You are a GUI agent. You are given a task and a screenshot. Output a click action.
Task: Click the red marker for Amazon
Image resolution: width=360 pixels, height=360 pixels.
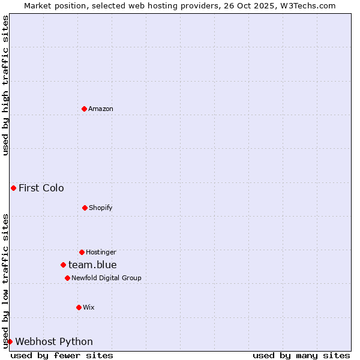pos(84,109)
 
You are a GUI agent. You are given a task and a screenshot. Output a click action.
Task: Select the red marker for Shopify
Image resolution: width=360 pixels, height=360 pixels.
pos(85,208)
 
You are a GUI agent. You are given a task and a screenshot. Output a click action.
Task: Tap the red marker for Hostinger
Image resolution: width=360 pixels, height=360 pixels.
pos(82,252)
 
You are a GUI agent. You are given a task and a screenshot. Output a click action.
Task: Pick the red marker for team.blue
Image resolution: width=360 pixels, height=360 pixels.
pos(63,265)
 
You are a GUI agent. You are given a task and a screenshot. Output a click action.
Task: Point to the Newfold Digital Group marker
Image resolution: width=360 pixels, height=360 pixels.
pos(67,278)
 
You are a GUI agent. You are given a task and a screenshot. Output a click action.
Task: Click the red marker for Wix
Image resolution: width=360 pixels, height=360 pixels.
pos(79,307)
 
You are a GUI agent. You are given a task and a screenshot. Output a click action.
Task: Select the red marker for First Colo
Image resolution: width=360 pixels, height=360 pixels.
pos(13,188)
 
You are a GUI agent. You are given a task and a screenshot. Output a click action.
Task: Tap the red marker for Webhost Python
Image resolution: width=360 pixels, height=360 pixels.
pos(10,341)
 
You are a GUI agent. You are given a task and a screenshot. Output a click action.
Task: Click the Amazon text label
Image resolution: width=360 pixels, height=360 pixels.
pos(101,109)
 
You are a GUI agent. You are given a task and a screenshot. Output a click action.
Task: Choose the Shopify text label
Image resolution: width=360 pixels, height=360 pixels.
pos(101,208)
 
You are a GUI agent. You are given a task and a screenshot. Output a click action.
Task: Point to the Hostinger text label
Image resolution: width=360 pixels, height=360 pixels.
pos(101,252)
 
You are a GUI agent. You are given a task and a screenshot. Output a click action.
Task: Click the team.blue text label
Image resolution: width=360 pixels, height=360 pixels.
pos(92,265)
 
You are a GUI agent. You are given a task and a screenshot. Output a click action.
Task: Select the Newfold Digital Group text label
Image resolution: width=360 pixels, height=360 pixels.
pos(106,278)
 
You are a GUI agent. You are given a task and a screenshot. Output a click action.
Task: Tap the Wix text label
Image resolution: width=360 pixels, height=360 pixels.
pos(89,307)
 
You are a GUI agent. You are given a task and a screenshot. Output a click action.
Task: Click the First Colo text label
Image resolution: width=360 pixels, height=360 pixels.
pos(41,188)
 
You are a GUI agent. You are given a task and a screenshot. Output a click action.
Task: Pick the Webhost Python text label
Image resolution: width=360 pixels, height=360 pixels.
pos(54,341)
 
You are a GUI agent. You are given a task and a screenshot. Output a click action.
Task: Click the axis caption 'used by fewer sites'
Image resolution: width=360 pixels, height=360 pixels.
pos(62,355)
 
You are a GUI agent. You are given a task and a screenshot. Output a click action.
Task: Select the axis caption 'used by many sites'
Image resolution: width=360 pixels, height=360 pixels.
pos(301,355)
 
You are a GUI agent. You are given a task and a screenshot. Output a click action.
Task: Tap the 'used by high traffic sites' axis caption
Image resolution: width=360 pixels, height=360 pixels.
pos(5,85)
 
